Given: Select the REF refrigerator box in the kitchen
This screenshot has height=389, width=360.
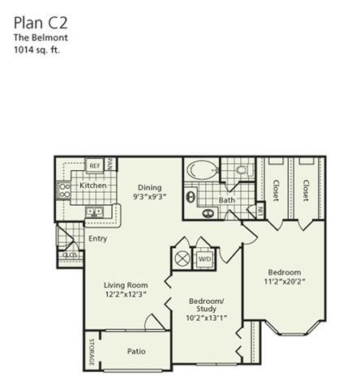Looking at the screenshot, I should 95,165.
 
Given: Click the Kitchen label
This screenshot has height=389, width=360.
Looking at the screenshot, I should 92,186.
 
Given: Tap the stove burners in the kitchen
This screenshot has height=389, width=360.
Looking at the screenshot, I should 64,190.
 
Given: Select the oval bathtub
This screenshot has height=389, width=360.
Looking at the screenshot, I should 199,172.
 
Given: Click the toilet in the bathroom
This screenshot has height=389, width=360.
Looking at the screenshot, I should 240,171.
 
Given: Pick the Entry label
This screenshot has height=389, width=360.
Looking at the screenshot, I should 98,238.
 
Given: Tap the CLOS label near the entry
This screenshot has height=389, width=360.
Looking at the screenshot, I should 70,255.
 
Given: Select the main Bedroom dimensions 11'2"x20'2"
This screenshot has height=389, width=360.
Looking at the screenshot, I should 284,282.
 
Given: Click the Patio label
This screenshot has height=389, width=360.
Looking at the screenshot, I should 136,351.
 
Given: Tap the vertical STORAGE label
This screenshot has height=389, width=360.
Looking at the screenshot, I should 92,351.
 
